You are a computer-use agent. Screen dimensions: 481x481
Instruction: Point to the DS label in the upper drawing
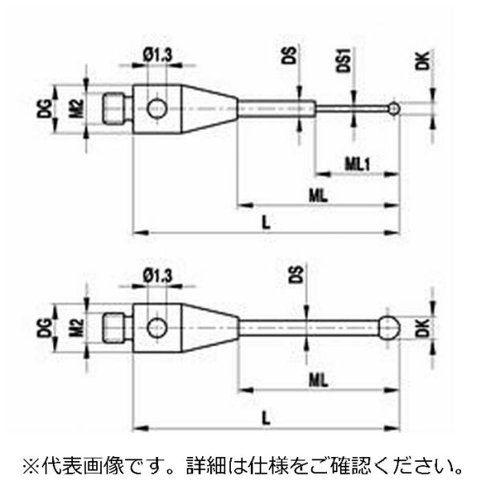290,55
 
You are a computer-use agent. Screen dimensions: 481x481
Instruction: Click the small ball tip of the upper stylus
394,107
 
